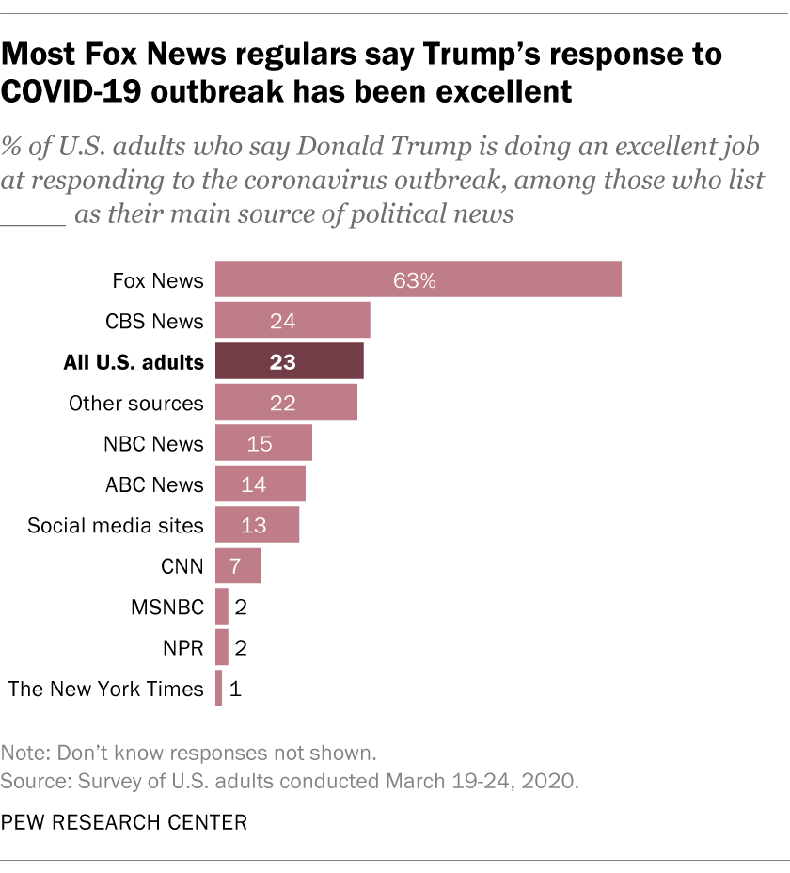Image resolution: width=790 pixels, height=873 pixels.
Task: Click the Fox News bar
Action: click(x=419, y=279)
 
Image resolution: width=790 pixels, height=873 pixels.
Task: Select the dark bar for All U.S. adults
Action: click(x=290, y=361)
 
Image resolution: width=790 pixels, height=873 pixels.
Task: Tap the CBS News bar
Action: click(x=292, y=321)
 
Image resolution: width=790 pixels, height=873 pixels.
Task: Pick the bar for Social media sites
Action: click(x=257, y=525)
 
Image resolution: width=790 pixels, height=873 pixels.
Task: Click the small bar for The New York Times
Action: click(x=219, y=689)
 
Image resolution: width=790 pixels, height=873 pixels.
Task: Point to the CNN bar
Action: click(x=238, y=566)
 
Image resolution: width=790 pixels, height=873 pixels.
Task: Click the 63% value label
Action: click(x=415, y=280)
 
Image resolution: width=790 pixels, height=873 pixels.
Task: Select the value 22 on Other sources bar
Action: click(x=282, y=403)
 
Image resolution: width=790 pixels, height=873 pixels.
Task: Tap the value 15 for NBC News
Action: click(x=259, y=443)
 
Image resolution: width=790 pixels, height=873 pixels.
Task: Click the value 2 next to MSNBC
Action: click(x=241, y=607)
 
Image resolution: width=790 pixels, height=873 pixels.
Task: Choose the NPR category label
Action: click(x=183, y=648)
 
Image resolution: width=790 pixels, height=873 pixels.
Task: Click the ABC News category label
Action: click(x=154, y=484)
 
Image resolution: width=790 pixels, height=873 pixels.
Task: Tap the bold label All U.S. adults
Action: click(x=134, y=362)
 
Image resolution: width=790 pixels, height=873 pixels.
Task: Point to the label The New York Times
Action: click(x=105, y=689)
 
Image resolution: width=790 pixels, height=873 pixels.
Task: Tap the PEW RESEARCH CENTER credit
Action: click(x=124, y=823)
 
